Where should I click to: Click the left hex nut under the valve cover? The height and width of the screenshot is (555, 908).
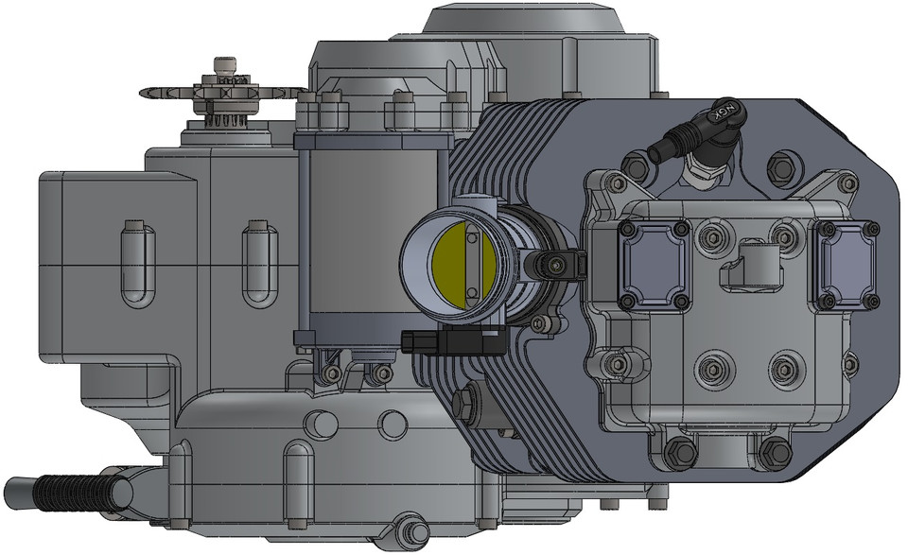(680, 453)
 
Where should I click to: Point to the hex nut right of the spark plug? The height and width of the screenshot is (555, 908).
(780, 166)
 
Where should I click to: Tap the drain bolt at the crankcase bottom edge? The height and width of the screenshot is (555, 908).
(411, 530)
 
